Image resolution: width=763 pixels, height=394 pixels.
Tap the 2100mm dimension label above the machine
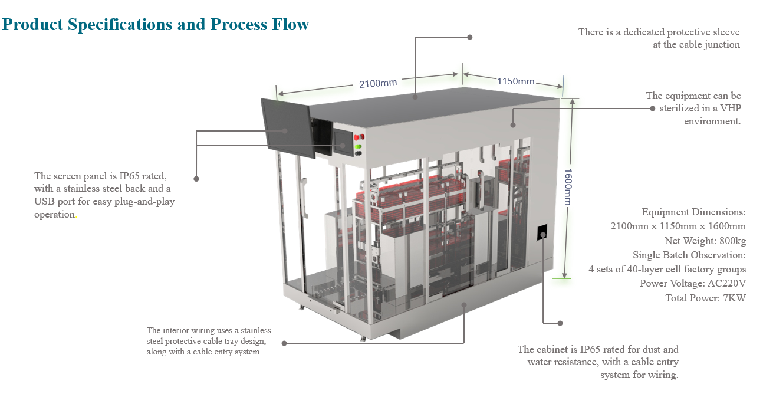tap(378, 83)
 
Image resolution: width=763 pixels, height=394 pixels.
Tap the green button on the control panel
tap(357, 146)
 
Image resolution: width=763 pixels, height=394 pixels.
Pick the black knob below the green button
tap(357, 153)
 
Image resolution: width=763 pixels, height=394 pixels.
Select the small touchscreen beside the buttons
tap(342, 142)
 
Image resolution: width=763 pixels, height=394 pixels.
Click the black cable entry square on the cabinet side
tap(543, 233)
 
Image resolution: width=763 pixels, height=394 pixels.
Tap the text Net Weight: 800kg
tap(705, 241)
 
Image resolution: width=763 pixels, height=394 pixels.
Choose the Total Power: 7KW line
tap(705, 298)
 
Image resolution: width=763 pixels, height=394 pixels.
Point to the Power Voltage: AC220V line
tap(693, 283)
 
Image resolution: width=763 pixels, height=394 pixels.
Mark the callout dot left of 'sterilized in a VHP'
tap(653, 109)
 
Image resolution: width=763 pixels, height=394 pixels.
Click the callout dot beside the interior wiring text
tap(284, 343)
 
